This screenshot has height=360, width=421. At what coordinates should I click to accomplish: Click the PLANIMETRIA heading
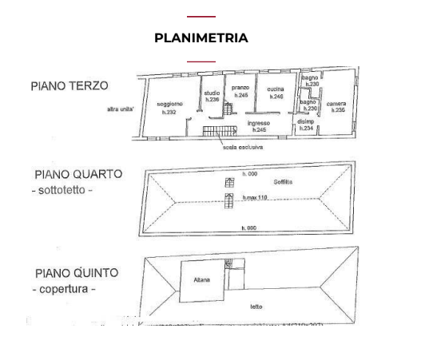201,38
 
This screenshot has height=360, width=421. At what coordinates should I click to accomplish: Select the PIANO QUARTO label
78,174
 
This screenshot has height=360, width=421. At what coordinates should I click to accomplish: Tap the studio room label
212,93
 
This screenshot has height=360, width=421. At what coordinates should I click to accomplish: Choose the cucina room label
276,89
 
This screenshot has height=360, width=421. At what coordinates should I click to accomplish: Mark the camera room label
336,104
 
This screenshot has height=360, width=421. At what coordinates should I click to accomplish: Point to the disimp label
305,121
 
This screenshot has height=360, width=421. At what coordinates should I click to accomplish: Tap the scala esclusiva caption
242,147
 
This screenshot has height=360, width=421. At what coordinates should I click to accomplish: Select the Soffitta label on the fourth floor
283,183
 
